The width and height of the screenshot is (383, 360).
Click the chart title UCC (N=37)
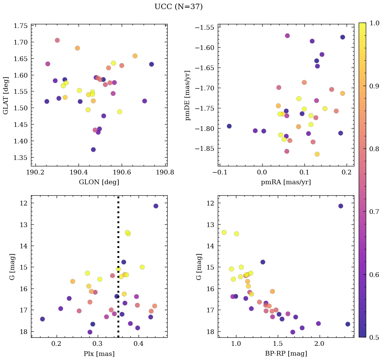[178, 7]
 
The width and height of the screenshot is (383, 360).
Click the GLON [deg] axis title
[99, 182]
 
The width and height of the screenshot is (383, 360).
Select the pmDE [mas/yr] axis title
[188, 95]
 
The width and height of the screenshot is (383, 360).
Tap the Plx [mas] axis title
[99, 354]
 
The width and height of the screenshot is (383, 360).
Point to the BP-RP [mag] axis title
[286, 354]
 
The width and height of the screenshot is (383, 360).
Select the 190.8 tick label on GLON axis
[166, 172]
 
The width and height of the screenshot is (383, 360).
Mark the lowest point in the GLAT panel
[93, 149]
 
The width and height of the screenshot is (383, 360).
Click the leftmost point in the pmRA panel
[229, 126]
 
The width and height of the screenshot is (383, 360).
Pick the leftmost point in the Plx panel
[42, 319]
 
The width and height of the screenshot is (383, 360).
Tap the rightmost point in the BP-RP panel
[348, 324]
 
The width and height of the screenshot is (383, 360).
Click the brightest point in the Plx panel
[156, 206]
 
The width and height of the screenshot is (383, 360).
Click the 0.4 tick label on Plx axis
[139, 344]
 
